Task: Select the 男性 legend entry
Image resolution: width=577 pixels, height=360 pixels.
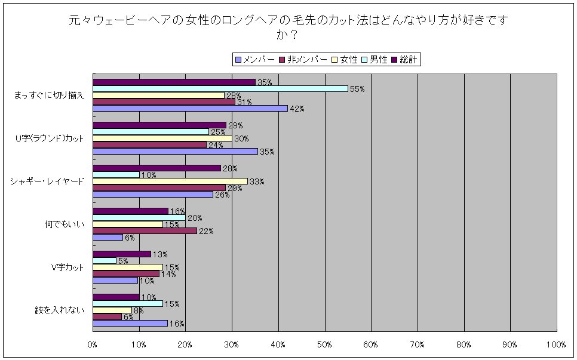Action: (x=378, y=59)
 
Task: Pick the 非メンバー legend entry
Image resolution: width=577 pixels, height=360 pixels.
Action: (x=306, y=59)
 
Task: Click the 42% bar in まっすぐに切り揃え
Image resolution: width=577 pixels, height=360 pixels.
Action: (x=190, y=108)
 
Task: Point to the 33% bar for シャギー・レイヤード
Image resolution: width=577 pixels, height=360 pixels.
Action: (x=170, y=181)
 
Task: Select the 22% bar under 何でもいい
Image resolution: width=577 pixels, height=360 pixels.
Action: (x=145, y=230)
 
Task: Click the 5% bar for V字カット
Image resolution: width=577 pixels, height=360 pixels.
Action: (x=105, y=260)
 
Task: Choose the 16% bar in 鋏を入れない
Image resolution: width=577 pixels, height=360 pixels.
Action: (x=130, y=323)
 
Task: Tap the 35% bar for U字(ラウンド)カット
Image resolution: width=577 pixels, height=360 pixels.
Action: (x=175, y=151)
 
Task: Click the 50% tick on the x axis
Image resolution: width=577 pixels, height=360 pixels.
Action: (x=324, y=344)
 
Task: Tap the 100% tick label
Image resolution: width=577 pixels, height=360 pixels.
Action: (x=555, y=344)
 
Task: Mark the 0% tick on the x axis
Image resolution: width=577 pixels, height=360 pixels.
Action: (x=93, y=344)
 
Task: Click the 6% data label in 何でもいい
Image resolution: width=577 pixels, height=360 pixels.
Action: (x=129, y=238)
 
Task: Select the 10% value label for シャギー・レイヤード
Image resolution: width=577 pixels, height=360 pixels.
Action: (x=148, y=175)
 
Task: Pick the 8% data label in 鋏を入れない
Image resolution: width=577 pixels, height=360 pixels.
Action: (x=138, y=310)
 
